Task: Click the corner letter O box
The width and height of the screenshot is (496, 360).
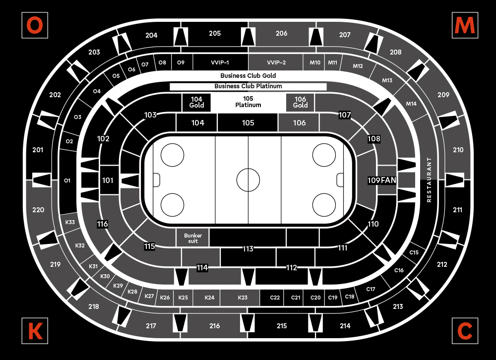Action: click(x=35, y=25)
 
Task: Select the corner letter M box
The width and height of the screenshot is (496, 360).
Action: click(x=465, y=25)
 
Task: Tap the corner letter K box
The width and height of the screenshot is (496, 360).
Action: click(x=35, y=330)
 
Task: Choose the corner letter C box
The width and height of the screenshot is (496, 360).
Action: click(x=465, y=330)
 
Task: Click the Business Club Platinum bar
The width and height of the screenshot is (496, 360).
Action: click(x=248, y=86)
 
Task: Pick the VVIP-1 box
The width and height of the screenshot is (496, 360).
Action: click(x=220, y=63)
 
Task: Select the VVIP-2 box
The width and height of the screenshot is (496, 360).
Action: click(x=276, y=63)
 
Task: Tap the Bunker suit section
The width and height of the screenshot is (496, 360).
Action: click(x=192, y=238)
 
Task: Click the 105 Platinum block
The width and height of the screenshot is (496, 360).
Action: click(x=248, y=102)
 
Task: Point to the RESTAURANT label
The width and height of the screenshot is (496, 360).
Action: click(x=430, y=180)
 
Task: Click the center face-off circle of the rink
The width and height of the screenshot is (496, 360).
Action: click(x=248, y=180)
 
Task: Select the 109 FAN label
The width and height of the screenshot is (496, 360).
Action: click(x=382, y=180)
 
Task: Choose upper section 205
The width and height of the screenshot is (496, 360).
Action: click(x=215, y=34)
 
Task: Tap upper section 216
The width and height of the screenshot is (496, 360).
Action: click(x=214, y=326)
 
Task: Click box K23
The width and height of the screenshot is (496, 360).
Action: click(x=242, y=298)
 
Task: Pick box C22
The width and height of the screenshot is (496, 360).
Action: click(x=275, y=298)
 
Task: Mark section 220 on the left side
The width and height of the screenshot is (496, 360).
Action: click(x=38, y=210)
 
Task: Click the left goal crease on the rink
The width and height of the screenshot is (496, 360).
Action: click(x=156, y=180)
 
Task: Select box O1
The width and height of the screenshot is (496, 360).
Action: click(x=67, y=180)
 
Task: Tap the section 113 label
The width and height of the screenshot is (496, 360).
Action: click(x=248, y=248)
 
